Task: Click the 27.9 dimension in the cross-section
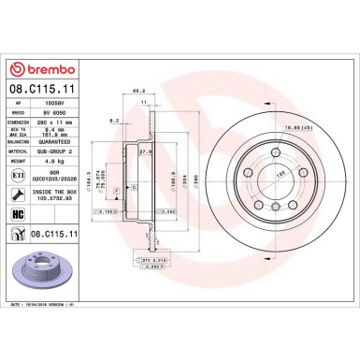(x=145, y=151)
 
